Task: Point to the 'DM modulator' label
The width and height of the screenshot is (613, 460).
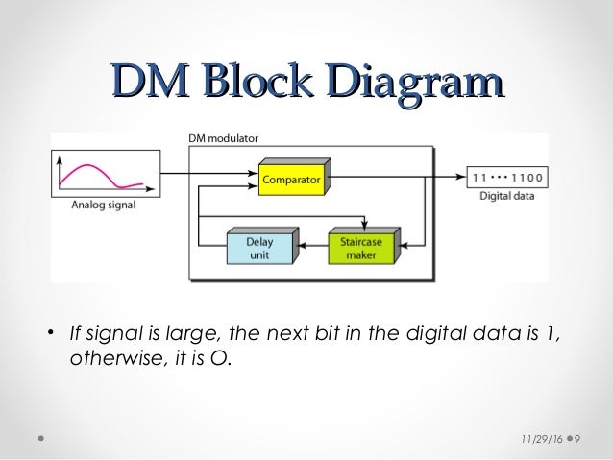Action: [223, 137]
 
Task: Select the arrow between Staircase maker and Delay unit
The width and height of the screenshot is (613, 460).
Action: [310, 246]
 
